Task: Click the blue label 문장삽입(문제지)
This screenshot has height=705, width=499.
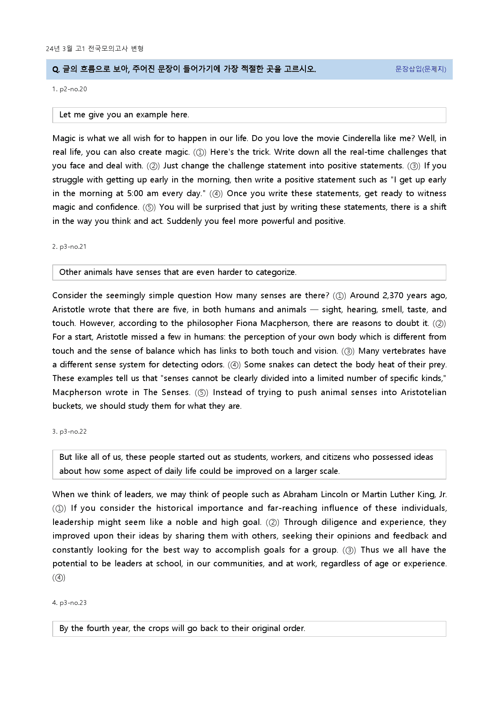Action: [421, 69]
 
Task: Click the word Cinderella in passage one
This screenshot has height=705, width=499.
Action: [361, 139]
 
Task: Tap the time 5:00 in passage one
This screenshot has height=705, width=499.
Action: [135, 194]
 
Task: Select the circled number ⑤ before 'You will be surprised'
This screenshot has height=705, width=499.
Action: [149, 208]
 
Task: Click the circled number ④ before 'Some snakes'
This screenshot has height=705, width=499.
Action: [234, 365]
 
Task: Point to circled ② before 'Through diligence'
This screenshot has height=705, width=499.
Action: [272, 523]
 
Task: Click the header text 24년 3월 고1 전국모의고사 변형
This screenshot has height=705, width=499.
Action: [95, 49]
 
